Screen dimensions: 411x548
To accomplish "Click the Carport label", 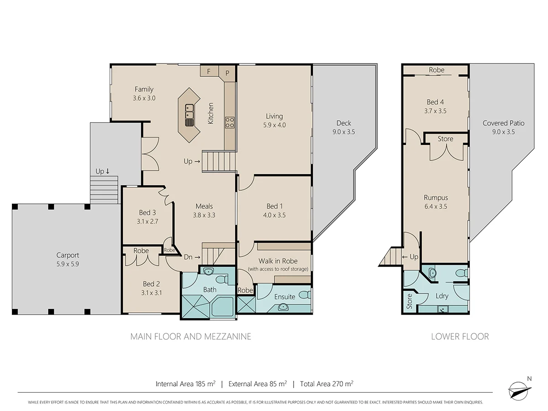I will click(x=68, y=255).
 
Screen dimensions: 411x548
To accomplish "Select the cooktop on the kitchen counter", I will click(x=229, y=122).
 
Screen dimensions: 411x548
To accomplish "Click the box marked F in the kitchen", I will click(x=209, y=71).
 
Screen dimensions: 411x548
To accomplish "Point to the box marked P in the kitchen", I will click(x=227, y=73).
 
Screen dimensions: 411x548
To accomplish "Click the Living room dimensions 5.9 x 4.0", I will click(x=274, y=125).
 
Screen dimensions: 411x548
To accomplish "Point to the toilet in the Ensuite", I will click(x=307, y=294).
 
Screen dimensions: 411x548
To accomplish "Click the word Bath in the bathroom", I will click(x=210, y=289).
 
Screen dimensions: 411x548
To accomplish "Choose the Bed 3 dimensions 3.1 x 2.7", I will click(x=147, y=221).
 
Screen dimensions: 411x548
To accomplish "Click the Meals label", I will click(x=204, y=206).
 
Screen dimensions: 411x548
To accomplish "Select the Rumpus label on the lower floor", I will click(x=435, y=197).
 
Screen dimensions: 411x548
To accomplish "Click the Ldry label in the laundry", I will click(x=442, y=296).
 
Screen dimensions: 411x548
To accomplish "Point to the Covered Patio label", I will click(x=503, y=123).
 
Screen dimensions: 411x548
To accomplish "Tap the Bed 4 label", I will click(x=435, y=102).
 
